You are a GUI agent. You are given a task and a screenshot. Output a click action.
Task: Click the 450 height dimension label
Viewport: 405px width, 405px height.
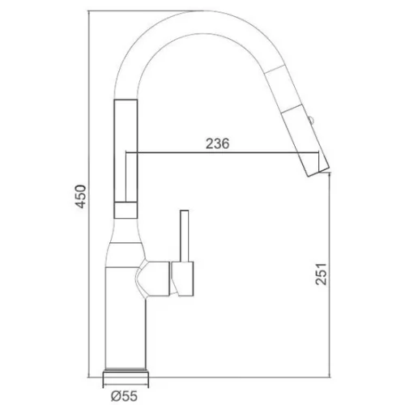[80, 196]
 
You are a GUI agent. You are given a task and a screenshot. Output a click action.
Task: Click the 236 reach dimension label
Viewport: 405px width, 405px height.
[217, 143]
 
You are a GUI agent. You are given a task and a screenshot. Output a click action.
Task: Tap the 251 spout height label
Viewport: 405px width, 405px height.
[321, 274]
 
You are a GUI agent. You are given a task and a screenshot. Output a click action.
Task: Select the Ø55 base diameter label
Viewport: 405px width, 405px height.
[124, 396]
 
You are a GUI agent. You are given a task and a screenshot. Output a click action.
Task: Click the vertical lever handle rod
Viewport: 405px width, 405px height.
[185, 236]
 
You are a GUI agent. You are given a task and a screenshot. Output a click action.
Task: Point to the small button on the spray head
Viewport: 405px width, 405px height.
[310, 120]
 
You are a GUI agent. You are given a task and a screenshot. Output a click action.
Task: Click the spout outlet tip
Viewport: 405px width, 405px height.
[319, 172]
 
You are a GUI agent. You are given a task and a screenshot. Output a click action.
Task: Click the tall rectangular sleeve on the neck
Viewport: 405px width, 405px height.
[126, 151]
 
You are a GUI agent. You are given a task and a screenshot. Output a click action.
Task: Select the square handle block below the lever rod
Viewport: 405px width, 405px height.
[182, 279]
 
